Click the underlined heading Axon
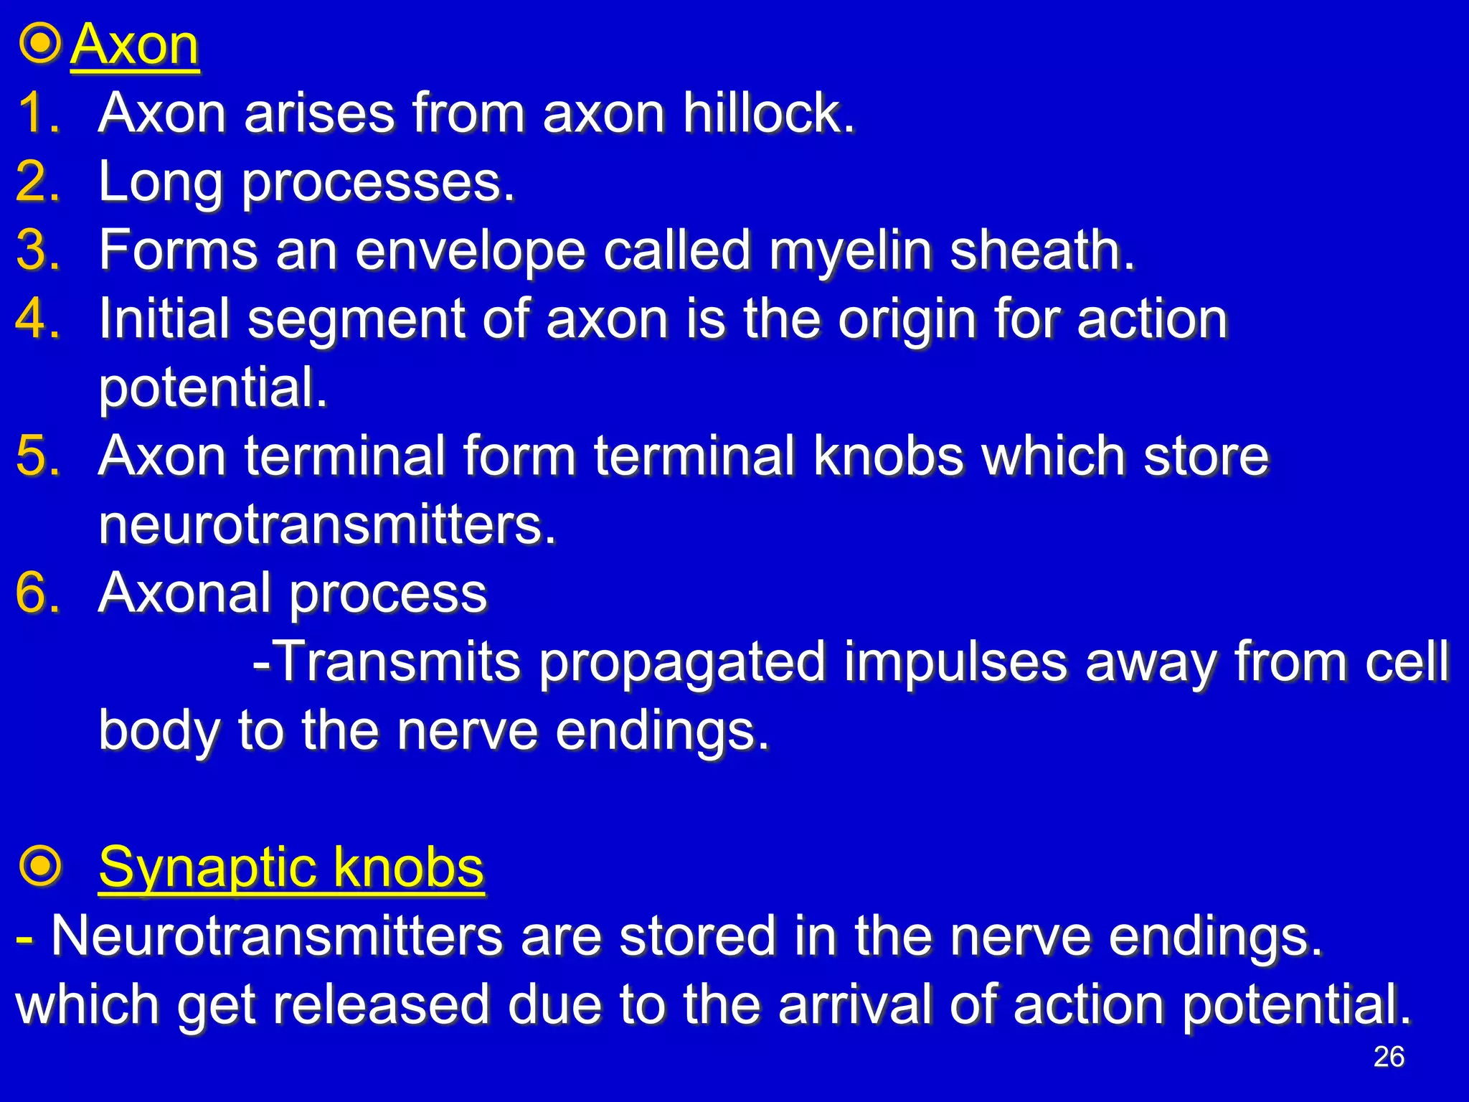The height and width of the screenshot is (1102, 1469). (135, 45)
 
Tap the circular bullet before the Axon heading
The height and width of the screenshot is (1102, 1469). (40, 44)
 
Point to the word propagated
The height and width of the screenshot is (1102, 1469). (682, 662)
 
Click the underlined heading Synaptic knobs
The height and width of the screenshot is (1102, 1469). (291, 867)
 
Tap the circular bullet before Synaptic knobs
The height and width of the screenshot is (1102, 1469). (40, 867)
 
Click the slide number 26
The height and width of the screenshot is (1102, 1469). (1389, 1057)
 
